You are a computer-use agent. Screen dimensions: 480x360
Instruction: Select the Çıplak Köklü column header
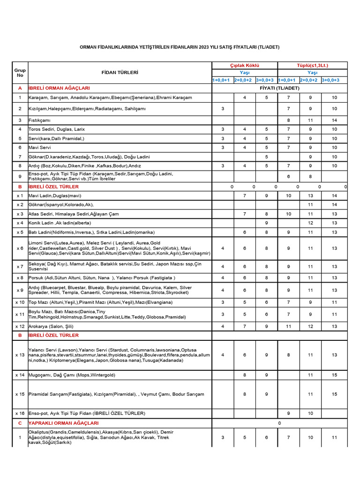pyautogui.click(x=244, y=66)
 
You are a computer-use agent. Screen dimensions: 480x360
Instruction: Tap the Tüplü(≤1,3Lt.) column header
pyautogui.click(x=312, y=66)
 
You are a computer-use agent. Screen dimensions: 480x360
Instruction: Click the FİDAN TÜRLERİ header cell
pyautogui.click(x=120, y=73)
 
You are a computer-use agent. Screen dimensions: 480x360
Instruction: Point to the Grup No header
pyautogui.click(x=20, y=73)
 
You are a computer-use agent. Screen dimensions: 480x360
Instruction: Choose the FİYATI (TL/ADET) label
pyautogui.click(x=279, y=88)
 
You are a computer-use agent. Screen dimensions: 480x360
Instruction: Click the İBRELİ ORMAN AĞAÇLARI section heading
pyautogui.click(x=59, y=88)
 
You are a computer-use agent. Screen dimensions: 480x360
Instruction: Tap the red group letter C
pyautogui.click(x=20, y=423)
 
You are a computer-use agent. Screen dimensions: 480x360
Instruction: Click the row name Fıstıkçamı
pyautogui.click(x=40, y=120)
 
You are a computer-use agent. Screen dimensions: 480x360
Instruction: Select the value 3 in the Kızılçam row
pyautogui.click(x=222, y=109)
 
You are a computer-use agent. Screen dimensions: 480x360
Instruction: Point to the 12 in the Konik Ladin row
pyautogui.click(x=310, y=223)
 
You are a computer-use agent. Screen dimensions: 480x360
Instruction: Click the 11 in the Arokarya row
pyautogui.click(x=289, y=326)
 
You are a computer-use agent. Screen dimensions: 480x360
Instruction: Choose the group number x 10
pyautogui.click(x=20, y=302)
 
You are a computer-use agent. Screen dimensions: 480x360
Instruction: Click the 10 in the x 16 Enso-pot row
pyautogui.click(x=310, y=413)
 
